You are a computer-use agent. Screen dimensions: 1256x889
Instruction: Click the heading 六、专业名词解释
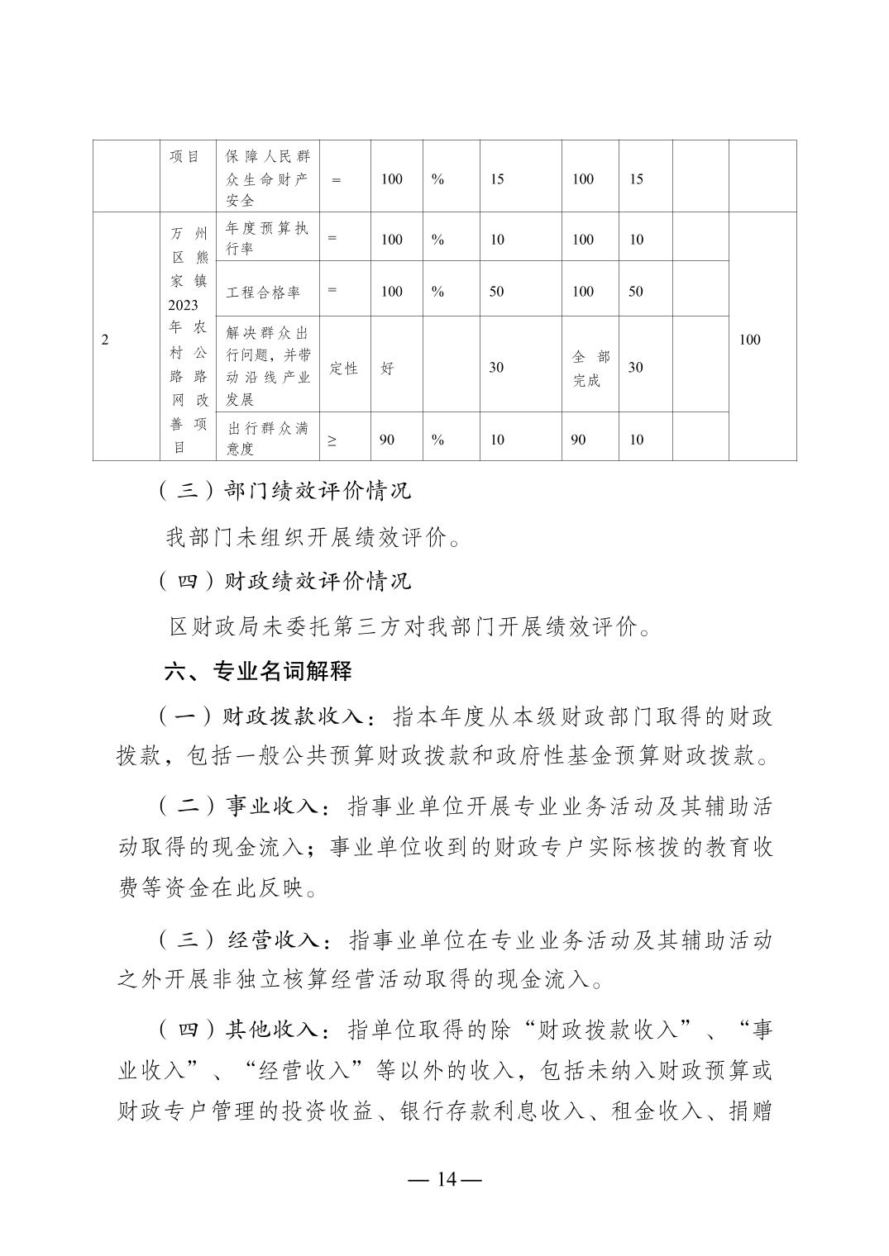258,671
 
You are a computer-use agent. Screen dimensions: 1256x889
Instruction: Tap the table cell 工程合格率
263,292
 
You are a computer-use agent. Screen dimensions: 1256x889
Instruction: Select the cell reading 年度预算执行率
267,238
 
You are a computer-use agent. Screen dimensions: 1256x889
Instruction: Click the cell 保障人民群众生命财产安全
267,178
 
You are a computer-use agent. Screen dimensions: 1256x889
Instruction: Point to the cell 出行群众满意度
267,439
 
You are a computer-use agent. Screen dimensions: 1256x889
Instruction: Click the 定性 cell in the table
343,369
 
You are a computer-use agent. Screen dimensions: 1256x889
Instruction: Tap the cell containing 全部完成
590,369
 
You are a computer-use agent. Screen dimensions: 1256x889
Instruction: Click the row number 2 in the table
105,340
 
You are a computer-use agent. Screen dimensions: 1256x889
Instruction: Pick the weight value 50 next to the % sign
496,292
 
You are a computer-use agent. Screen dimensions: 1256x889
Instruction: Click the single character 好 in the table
386,369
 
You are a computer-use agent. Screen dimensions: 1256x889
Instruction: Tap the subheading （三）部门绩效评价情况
284,491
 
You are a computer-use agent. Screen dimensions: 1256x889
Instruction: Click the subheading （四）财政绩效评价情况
284,581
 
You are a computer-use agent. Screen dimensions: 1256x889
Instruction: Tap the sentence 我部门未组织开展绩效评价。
314,538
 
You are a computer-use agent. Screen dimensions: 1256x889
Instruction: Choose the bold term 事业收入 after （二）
272,806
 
